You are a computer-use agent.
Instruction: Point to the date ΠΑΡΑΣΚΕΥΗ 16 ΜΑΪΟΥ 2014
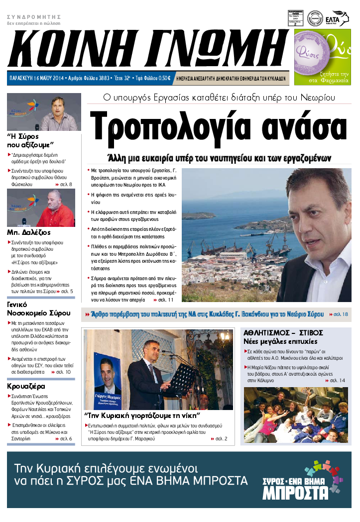point(37,78)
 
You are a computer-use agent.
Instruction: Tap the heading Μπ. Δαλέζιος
point(29,232)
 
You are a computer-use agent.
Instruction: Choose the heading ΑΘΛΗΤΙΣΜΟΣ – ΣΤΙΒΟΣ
point(283,332)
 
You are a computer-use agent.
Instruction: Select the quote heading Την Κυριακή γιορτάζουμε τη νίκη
point(142,415)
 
